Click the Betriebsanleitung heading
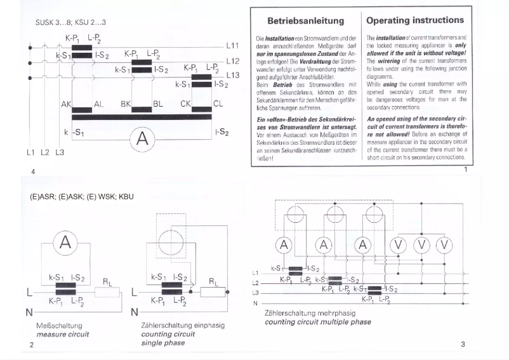tap(305, 21)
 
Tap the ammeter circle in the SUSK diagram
tap(143, 137)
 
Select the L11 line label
tap(232, 46)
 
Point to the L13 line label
tap(232, 75)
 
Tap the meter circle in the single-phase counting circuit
tap(173, 241)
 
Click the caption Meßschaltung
tap(55, 325)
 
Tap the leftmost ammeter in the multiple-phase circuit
tap(285, 244)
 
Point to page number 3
tap(463, 345)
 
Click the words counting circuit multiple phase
tap(318, 322)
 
